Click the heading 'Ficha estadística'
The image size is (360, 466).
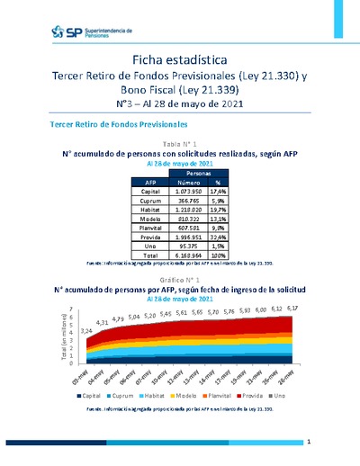coord(179,59)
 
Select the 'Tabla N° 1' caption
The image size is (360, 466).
coord(179,144)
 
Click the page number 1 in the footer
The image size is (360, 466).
coord(308,443)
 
